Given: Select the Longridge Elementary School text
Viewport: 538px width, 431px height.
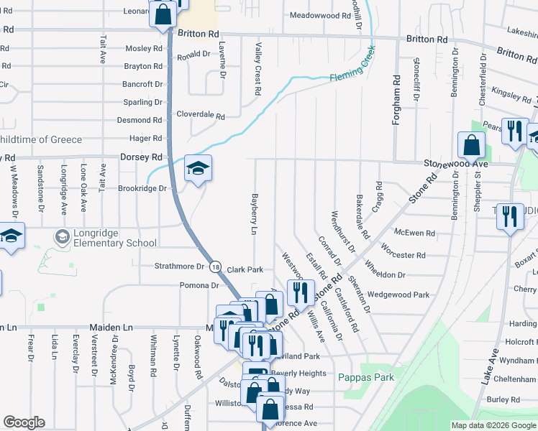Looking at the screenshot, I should tap(111, 243).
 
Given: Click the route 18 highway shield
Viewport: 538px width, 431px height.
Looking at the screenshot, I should tap(216, 267).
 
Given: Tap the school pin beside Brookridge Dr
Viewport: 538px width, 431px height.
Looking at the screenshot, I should tap(198, 169).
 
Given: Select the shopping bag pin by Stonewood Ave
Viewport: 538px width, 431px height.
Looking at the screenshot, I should tap(471, 146).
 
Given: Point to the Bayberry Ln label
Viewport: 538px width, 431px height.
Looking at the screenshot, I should tap(253, 213).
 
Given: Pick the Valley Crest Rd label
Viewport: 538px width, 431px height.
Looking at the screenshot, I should tap(257, 68).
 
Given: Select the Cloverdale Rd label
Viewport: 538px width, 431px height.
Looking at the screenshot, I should tap(201, 115).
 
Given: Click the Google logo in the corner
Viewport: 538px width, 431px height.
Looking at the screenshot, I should tap(24, 422).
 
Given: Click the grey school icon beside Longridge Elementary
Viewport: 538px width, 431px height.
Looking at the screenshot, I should tap(63, 236).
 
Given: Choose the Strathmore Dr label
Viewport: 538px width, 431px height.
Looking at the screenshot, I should tap(180, 266).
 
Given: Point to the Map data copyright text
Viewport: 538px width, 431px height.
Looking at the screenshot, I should tap(492, 425).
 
